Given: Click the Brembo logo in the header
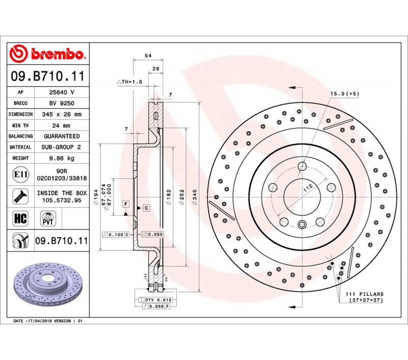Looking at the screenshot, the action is coord(47,54).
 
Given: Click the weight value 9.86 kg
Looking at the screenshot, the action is coord(62,158).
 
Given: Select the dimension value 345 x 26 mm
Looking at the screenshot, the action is coord(62,114).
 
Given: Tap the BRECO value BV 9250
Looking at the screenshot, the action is coord(62,104).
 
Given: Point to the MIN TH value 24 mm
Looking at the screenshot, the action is coord(61,125).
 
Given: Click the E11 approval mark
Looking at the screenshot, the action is coord(20,174).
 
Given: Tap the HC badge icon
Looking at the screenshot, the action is coord(20,218).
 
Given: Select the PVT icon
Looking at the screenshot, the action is coord(48,218).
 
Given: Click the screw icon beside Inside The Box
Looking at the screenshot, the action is coord(20,196).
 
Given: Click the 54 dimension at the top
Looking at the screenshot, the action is coord(148,56).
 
